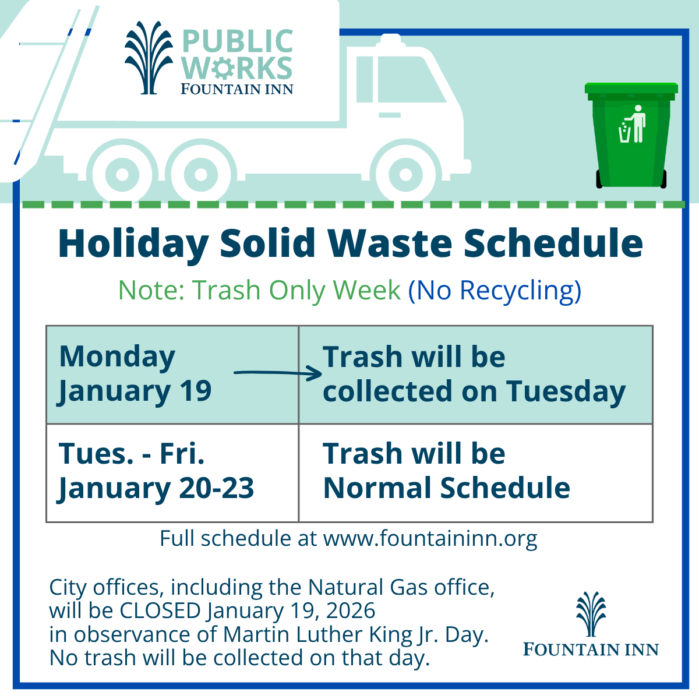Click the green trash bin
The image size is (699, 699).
pyautogui.click(x=631, y=135)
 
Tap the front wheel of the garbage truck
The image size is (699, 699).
pyautogui.click(x=405, y=175)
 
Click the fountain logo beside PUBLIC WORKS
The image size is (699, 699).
pyautogui.click(x=149, y=58)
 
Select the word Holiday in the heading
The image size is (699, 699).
pyautogui.click(x=133, y=243)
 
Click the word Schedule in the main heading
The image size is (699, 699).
pyautogui.click(x=553, y=242)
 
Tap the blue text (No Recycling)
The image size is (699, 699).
pyautogui.click(x=495, y=291)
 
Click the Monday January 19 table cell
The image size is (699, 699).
pyautogui.click(x=172, y=375)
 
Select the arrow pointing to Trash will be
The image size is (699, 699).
pyautogui.click(x=278, y=373)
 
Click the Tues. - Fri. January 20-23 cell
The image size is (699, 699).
pyautogui.click(x=172, y=472)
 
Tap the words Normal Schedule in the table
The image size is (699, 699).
pyautogui.click(x=447, y=488)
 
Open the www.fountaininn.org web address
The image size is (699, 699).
pyautogui.click(x=430, y=539)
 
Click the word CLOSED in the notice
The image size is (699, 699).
pyautogui.click(x=160, y=610)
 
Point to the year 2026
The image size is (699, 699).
pyautogui.click(x=351, y=610)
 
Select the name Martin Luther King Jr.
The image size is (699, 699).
pyautogui.click(x=355, y=635)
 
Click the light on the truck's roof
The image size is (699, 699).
pyautogui.click(x=390, y=40)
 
